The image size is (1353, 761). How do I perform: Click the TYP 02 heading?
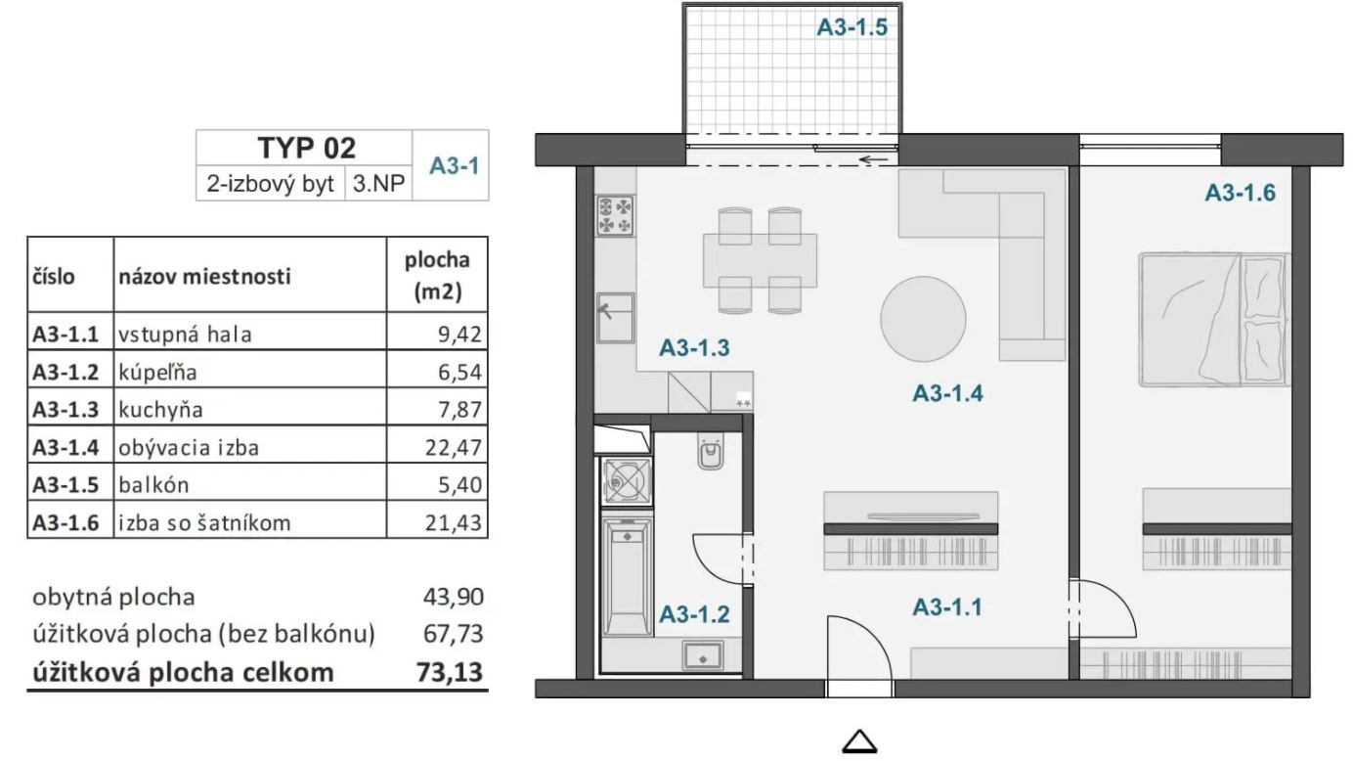(307, 148)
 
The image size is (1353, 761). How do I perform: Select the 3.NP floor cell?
(378, 183)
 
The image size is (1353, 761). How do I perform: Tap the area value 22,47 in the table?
(453, 447)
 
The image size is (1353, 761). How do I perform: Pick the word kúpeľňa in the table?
(157, 373)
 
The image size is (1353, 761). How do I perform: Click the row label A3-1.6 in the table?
(65, 523)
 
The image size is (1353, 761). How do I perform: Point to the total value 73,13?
(450, 672)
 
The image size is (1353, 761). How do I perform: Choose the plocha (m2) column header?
(437, 276)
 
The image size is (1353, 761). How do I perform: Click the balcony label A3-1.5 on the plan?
(852, 27)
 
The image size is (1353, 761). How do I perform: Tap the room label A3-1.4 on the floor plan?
(947, 393)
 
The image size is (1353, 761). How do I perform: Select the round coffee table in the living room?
(923, 319)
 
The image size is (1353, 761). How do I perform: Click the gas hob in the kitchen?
(615, 216)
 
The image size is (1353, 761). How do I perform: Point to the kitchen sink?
(615, 318)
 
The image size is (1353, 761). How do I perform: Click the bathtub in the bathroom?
(627, 577)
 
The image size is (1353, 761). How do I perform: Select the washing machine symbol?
(627, 481)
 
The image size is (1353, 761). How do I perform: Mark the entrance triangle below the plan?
(859, 742)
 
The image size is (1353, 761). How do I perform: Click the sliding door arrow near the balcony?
(873, 160)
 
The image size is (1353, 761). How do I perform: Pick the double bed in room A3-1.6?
(1215, 320)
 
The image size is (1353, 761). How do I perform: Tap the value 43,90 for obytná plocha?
(453, 598)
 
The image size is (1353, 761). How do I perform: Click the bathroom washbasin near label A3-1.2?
(703, 656)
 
